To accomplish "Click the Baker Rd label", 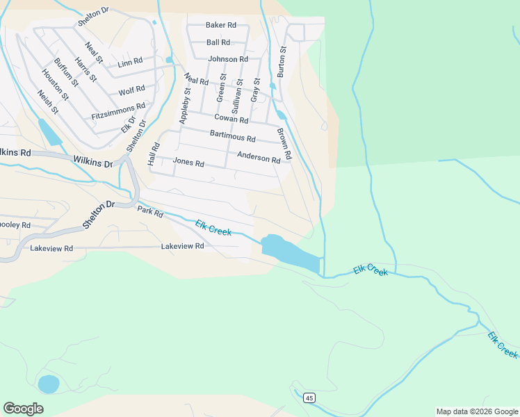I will [x=221, y=25].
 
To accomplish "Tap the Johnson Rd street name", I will [x=228, y=60].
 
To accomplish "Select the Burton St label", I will [x=282, y=62].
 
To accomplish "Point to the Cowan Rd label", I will [x=231, y=120].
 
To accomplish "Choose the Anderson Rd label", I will [x=258, y=158].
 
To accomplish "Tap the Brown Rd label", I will [x=284, y=145].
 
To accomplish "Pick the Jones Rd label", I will [x=188, y=163].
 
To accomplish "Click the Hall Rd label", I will [x=154, y=154].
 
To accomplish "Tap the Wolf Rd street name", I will [x=131, y=90].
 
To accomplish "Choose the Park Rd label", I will [x=149, y=211].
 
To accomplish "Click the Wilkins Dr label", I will [x=92, y=162].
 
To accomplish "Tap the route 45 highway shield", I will [x=309, y=398].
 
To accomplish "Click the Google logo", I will [x=23, y=409].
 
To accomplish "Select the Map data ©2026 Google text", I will [x=476, y=411].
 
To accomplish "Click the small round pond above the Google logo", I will [x=48, y=384].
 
